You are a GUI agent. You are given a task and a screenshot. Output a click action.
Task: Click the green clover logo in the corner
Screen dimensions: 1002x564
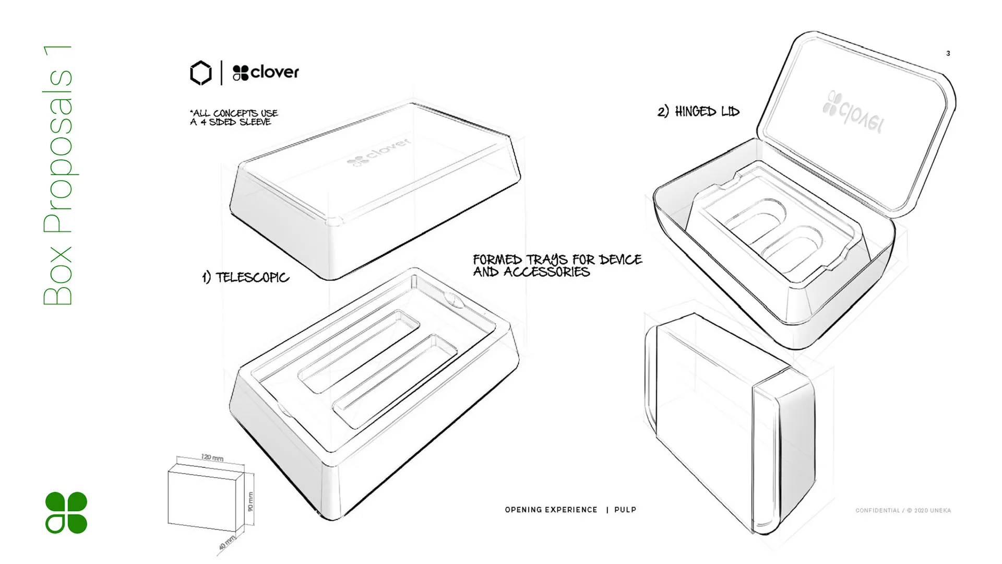66,512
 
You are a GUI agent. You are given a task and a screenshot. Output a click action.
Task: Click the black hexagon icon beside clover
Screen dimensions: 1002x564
201,73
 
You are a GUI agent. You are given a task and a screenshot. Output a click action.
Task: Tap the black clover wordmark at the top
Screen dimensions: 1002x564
266,73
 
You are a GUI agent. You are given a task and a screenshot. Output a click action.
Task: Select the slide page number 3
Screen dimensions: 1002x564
948,53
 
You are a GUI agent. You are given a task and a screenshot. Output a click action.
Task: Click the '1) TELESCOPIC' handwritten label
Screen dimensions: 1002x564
245,277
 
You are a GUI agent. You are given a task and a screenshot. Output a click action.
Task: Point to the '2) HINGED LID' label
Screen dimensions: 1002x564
698,111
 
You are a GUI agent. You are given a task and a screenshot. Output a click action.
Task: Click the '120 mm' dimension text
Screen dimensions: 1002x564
212,458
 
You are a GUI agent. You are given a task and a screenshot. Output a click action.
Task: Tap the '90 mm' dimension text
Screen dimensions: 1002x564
250,501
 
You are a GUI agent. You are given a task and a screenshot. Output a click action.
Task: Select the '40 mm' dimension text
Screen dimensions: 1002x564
227,543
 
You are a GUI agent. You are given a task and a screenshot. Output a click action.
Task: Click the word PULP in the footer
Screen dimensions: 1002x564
625,510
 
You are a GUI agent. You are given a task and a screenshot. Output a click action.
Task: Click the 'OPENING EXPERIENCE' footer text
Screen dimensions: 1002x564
551,510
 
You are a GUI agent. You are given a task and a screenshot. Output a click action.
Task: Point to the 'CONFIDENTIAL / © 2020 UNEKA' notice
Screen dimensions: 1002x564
903,510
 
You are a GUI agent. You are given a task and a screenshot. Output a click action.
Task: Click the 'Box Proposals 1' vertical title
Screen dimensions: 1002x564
58,175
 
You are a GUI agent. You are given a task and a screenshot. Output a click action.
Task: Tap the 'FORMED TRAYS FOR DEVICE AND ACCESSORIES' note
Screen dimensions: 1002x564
557,266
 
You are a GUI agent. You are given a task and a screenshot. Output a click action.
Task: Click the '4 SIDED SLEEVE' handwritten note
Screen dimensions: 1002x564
235,122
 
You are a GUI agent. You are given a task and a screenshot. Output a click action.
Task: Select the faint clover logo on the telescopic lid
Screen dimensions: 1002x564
379,151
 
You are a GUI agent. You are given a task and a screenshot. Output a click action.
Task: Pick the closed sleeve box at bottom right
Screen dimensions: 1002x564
731,423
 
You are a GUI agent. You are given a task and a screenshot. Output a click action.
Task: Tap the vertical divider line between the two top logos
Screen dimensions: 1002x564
222,73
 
